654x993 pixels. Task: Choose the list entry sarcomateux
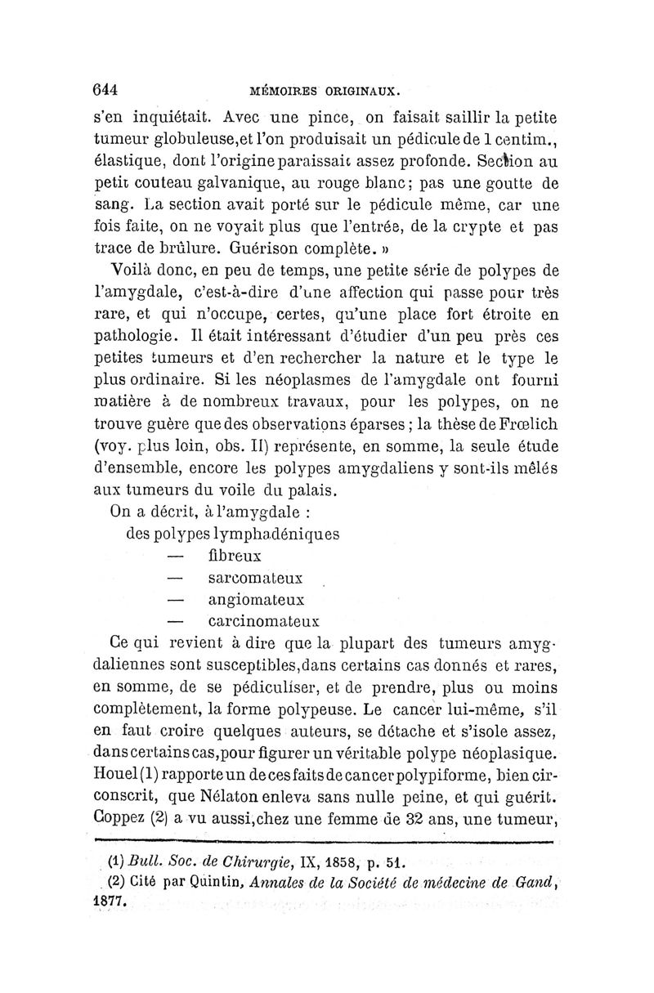(255, 578)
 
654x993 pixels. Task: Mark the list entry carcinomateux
(262, 621)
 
